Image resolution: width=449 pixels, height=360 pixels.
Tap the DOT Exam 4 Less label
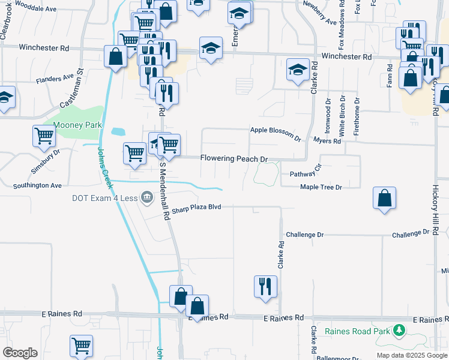97,197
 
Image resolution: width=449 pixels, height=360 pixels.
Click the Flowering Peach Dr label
234,159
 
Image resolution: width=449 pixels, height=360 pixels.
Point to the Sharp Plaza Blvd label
196,207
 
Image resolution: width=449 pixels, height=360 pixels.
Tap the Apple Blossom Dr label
276,133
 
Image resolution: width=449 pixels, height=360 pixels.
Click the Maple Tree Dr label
321,187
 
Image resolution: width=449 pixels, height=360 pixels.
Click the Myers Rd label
327,141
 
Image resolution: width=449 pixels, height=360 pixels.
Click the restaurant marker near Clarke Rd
265,286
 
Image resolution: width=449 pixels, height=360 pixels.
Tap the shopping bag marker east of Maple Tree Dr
384,199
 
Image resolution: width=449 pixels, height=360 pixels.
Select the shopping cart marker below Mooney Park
44,136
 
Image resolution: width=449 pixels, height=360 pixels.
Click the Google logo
20,353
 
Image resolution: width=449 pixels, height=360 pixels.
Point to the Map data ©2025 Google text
411,355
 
